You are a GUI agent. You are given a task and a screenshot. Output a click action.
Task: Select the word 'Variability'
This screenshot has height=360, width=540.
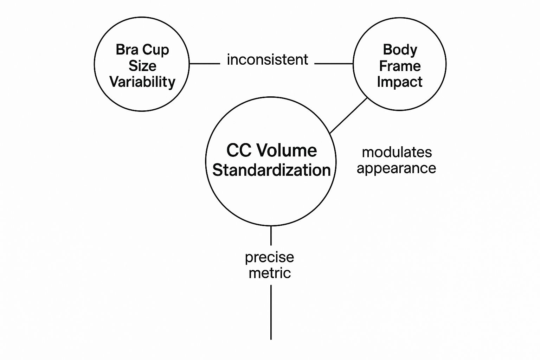[x=142, y=82]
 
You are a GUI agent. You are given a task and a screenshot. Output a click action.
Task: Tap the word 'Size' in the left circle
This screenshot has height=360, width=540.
[x=142, y=66]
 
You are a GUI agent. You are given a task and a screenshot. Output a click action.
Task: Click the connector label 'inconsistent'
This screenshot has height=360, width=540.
[x=268, y=60]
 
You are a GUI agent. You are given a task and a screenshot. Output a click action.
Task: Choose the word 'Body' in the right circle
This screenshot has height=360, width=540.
[x=400, y=50]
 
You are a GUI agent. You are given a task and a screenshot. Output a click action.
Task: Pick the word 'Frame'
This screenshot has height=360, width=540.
[x=400, y=66]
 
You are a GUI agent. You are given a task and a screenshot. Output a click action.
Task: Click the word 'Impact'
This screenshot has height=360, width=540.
[x=400, y=82]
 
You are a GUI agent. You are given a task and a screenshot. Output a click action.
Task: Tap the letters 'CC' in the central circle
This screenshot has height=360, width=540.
[x=239, y=150]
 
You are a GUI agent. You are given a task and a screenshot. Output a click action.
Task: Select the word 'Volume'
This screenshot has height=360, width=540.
[x=286, y=150]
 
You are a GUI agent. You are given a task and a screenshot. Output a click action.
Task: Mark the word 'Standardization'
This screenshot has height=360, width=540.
[x=271, y=170]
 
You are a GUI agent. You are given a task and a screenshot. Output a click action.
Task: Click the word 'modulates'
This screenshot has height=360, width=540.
[x=397, y=152]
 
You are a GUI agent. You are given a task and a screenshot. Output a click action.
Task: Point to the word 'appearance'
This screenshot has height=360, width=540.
[x=396, y=168]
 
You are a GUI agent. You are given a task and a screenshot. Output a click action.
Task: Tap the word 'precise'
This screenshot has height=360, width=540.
[x=270, y=257]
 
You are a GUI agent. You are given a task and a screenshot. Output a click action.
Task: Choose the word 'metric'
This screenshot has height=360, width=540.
[x=270, y=273]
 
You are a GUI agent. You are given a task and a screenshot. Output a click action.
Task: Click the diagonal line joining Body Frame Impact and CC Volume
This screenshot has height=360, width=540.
[x=348, y=116]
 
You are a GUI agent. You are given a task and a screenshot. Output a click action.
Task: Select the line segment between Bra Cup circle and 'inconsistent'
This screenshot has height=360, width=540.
[x=205, y=64]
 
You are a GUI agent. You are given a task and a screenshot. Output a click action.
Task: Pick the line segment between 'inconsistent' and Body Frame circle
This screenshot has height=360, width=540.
[x=334, y=64]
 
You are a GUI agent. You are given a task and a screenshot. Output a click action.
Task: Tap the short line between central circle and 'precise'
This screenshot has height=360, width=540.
[x=271, y=236]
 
